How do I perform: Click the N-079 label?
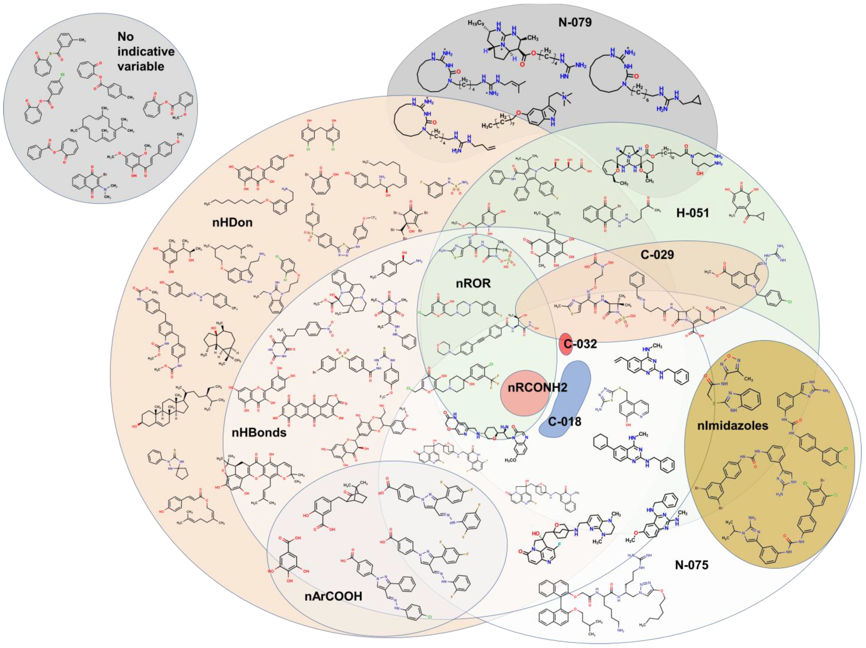[x=575, y=22]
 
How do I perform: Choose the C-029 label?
[x=657, y=255]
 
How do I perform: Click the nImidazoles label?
[x=733, y=425]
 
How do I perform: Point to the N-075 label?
[x=692, y=565]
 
